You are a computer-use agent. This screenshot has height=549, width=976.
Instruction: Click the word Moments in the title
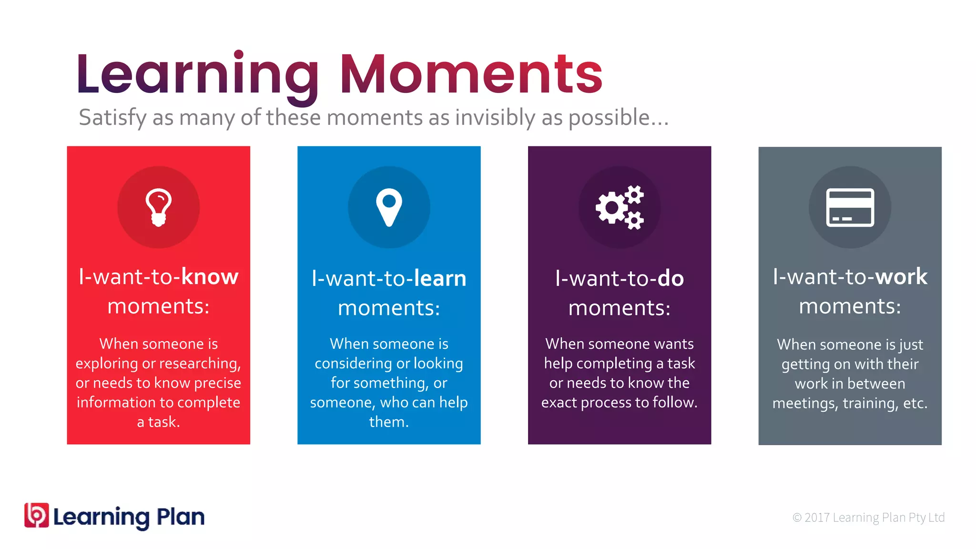point(471,74)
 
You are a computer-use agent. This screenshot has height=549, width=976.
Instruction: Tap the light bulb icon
point(158,207)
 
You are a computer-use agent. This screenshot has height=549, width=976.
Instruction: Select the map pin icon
point(389,207)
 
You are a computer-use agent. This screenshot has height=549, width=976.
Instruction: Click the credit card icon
point(850,207)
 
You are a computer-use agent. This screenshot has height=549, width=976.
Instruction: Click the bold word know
point(210,277)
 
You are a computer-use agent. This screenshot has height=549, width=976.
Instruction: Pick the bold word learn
point(440,278)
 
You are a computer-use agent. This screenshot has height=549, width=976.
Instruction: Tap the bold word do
point(671,278)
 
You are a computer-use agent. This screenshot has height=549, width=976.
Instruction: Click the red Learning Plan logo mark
point(37,515)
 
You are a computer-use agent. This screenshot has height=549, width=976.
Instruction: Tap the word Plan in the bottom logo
point(181,517)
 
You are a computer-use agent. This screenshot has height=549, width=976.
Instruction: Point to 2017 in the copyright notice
point(817,518)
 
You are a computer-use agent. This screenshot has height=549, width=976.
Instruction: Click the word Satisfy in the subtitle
point(113,118)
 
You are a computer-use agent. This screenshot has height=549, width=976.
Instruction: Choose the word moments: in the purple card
point(619,308)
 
